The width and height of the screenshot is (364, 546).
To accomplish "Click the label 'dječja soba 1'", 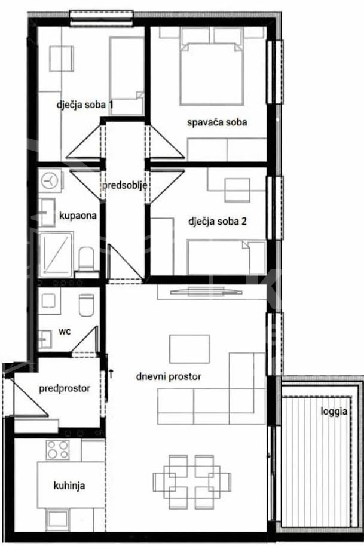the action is [x=85, y=105].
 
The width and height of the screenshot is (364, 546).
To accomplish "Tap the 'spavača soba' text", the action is [x=217, y=122].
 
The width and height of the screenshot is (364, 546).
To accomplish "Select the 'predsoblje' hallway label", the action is [x=124, y=185].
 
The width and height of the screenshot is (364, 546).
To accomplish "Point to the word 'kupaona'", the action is [x=78, y=216].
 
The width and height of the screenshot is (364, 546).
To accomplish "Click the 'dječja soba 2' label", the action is [x=218, y=221].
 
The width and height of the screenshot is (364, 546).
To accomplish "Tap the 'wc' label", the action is [x=65, y=331].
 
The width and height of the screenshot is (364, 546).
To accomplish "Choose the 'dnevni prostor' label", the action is [x=169, y=376].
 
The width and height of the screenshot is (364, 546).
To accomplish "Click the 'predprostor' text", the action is [x=65, y=388].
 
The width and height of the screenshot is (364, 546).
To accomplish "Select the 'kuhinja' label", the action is [x=69, y=486].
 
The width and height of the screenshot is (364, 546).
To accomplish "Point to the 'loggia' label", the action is [x=334, y=411].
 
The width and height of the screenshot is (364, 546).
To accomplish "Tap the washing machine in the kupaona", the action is [x=50, y=180].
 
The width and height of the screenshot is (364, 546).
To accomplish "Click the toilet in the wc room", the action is [x=87, y=305].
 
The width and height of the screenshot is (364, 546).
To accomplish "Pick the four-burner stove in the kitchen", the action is [x=58, y=450].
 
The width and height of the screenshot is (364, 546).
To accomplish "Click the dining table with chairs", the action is [x=192, y=481].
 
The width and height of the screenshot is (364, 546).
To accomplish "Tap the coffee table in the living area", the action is [x=189, y=349].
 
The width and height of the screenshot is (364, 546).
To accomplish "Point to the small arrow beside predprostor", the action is [x=111, y=373].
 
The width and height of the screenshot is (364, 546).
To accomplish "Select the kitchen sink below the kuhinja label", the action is [x=57, y=520].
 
